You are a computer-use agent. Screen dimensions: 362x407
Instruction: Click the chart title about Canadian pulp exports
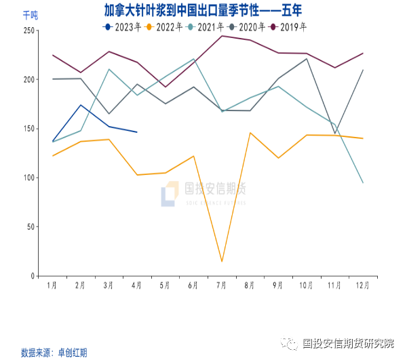click(x=203, y=10)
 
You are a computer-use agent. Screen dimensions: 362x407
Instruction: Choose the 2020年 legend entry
click(x=247, y=27)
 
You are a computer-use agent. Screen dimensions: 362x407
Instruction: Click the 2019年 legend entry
click(x=288, y=27)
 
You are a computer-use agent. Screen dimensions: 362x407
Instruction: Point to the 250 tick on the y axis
click(x=29, y=31)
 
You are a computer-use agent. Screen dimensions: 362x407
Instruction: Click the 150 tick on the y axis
click(x=29, y=129)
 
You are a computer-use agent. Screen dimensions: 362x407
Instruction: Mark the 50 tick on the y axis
click(x=31, y=227)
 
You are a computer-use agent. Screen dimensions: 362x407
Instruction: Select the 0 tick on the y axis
click(x=33, y=277)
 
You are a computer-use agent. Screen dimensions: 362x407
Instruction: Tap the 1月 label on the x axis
click(x=52, y=285)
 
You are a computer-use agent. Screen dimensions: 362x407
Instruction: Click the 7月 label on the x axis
click(x=222, y=285)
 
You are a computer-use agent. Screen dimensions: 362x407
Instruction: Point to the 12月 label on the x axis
click(x=363, y=285)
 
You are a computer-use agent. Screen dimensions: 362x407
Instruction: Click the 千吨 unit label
click(x=31, y=15)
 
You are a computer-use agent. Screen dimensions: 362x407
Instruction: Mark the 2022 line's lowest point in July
click(x=222, y=261)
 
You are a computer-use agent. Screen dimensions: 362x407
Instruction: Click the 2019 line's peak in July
click(x=222, y=36)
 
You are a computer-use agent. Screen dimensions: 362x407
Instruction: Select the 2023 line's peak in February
click(x=81, y=105)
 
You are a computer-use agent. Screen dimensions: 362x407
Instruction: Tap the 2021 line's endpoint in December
click(x=363, y=183)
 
